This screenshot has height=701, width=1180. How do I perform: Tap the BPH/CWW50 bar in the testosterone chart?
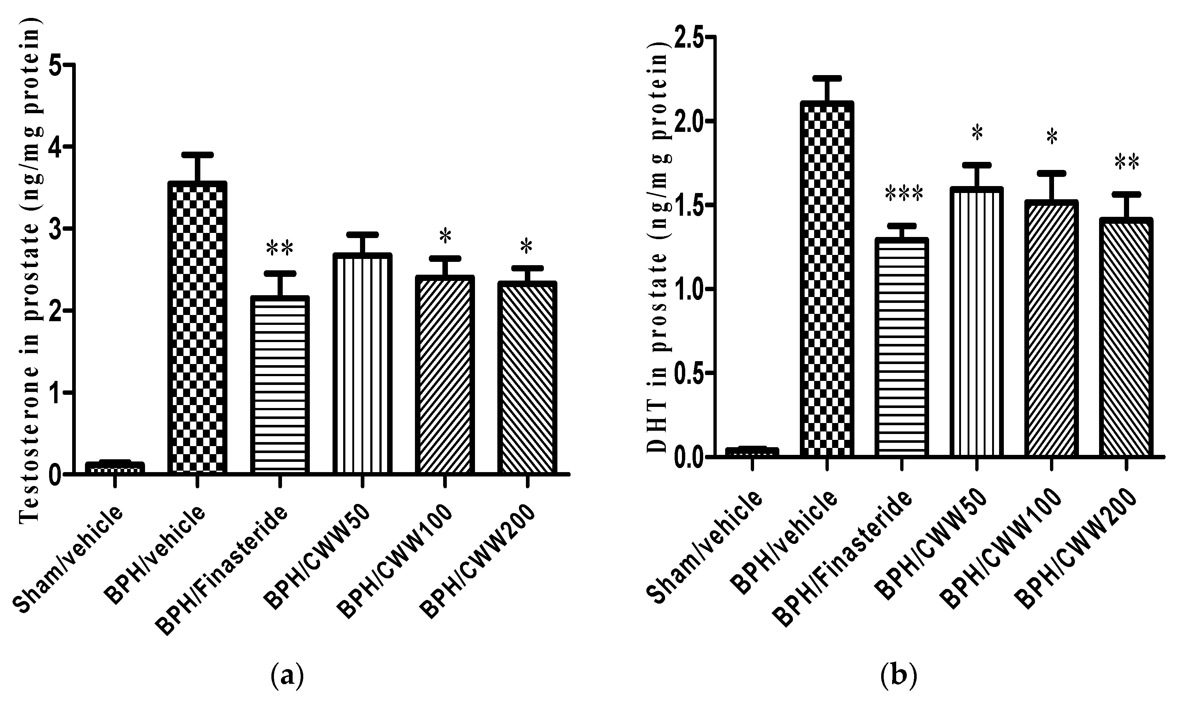pos(362,363)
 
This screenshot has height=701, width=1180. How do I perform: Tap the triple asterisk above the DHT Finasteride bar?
pos(903,194)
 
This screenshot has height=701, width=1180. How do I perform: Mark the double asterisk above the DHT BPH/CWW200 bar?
pos(1127,163)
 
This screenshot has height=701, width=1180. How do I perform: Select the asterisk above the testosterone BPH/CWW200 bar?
pos(526,246)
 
